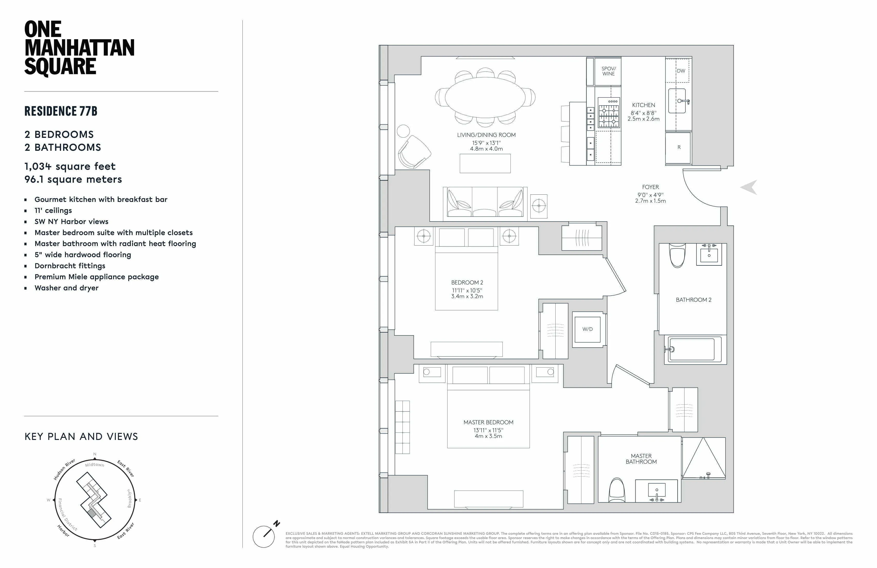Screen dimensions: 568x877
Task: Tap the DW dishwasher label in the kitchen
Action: click(x=681, y=71)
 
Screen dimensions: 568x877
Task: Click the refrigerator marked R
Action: click(x=679, y=147)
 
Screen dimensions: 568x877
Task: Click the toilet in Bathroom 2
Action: click(x=677, y=255)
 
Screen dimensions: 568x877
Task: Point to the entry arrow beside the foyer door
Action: click(x=749, y=187)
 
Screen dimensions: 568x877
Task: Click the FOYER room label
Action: click(x=650, y=187)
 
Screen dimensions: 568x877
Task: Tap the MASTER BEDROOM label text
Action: click(x=488, y=422)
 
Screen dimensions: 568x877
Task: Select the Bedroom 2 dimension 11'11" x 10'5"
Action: click(x=467, y=290)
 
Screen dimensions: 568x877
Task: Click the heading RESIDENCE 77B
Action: click(x=61, y=111)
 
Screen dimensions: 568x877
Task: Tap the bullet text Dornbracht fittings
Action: click(x=70, y=266)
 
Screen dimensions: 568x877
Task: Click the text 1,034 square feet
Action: click(x=70, y=166)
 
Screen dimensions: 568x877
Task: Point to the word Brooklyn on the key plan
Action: click(x=129, y=498)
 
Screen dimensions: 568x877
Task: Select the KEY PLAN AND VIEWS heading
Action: click(x=81, y=437)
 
